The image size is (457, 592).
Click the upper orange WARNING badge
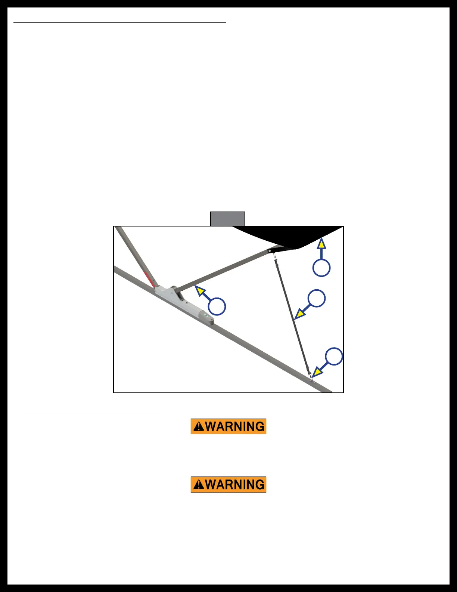pyautogui.click(x=228, y=426)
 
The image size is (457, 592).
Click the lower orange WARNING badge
pyautogui.click(x=228, y=485)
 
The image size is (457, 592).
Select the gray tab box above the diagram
pyautogui.click(x=227, y=219)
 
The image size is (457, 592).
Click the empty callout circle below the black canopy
pyautogui.click(x=321, y=268)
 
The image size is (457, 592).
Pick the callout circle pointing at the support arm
pyautogui.click(x=217, y=306)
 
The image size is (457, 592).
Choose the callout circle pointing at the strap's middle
pyautogui.click(x=317, y=298)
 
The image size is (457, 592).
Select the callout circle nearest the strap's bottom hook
pyautogui.click(x=334, y=356)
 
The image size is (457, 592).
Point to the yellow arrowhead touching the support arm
pyautogui.click(x=200, y=291)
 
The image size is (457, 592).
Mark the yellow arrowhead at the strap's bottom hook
pyautogui.click(x=317, y=372)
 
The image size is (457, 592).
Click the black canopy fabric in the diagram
pyautogui.click(x=291, y=235)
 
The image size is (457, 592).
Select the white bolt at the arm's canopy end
pyautogui.click(x=270, y=250)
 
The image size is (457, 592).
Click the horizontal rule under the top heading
pyautogui.click(x=119, y=23)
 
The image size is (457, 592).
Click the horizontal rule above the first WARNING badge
pyautogui.click(x=93, y=414)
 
